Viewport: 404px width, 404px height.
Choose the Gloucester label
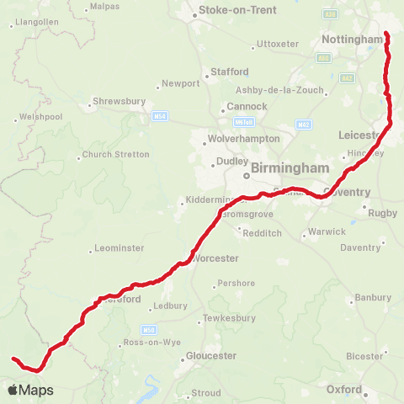tap(210, 356)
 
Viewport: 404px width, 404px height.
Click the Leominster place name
tap(121, 248)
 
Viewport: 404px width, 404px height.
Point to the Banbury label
tap(373, 298)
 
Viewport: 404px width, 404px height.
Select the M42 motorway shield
tap(303, 124)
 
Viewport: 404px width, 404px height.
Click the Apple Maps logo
tap(30, 390)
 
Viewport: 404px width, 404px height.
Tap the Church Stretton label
tap(116, 155)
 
